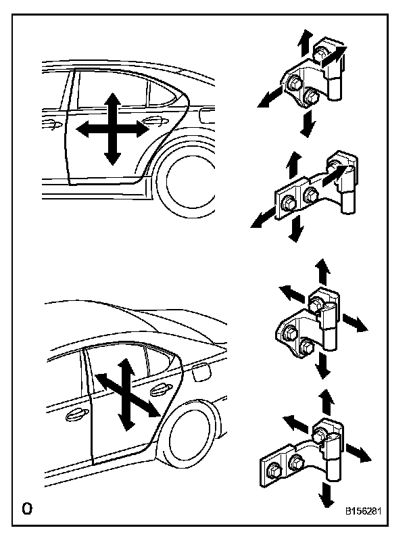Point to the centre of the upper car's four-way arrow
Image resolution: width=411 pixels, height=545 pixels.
tap(112, 128)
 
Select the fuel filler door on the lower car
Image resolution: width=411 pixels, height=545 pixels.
tap(201, 371)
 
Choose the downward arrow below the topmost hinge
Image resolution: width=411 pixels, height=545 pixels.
tap(308, 123)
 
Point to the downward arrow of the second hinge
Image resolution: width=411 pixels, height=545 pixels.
tap(295, 230)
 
